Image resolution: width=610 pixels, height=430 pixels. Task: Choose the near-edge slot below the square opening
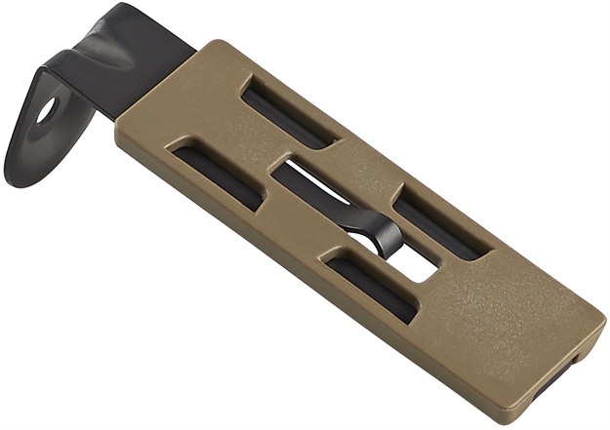[371, 285]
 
